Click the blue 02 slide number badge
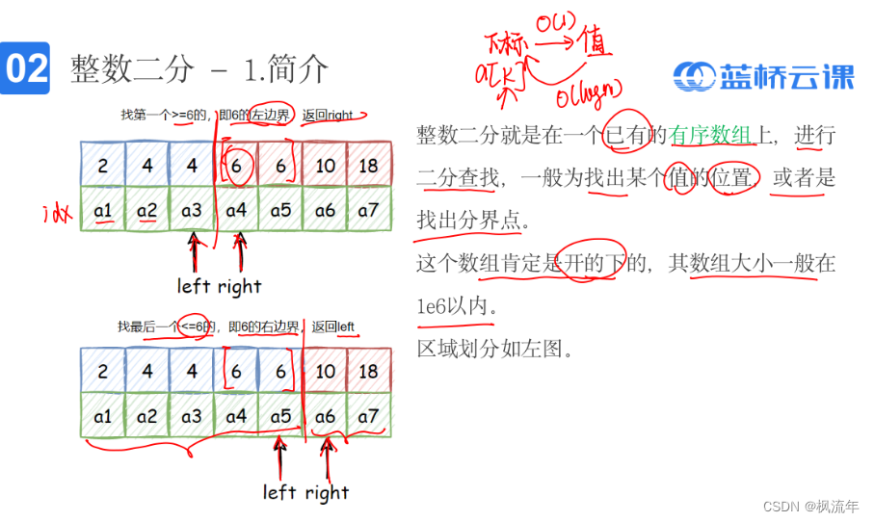pos(26,68)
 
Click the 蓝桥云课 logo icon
pos(693,76)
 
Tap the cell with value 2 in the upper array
pos(103,165)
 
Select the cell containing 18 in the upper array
pos(369,165)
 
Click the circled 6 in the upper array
pos(237,165)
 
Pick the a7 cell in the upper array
pos(369,209)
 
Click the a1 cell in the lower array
pos(103,416)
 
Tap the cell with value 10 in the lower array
pos(325,372)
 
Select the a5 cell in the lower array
pos(280,416)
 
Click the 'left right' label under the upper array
pos(219,286)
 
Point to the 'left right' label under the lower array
pos(305,492)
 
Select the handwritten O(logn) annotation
pos(591,95)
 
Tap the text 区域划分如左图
pos(495,348)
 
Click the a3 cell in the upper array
pos(192,209)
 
